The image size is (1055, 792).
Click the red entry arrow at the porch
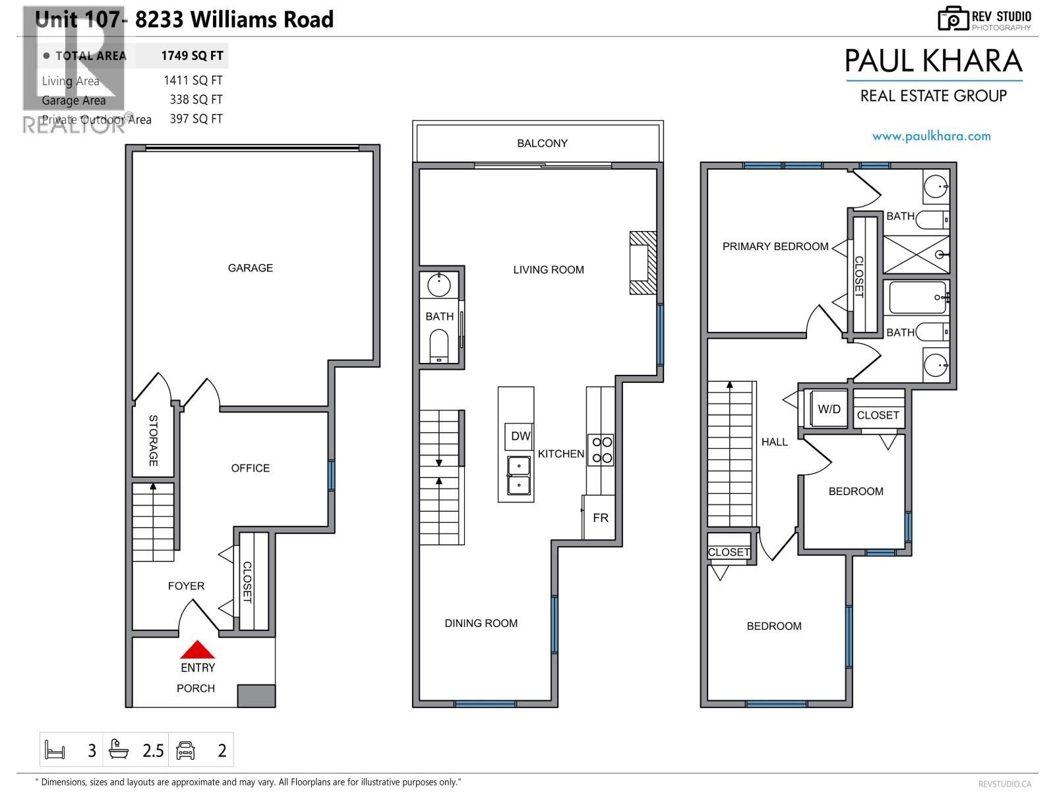click(198, 650)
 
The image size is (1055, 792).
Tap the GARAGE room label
click(250, 268)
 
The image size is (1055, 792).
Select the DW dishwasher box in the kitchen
click(520, 436)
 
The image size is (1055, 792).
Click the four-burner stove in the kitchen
click(601, 450)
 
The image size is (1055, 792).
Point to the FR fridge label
click(600, 518)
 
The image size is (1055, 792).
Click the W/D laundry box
click(829, 409)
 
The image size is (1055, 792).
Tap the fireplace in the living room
click(642, 263)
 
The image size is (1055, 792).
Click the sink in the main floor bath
click(439, 286)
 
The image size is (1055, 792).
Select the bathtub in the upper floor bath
click(918, 298)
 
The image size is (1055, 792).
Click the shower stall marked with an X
click(916, 255)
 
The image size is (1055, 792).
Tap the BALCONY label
click(542, 143)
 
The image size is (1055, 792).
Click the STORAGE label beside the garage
click(153, 440)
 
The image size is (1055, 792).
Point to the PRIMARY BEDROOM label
click(775, 246)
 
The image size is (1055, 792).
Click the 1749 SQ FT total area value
click(192, 56)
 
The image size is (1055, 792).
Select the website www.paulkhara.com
click(931, 137)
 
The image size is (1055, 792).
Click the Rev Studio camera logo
click(953, 18)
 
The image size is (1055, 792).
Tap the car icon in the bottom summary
click(186, 750)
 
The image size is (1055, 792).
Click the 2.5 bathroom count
click(153, 750)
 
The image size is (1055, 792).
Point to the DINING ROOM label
click(481, 623)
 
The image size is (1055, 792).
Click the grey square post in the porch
click(256, 696)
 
